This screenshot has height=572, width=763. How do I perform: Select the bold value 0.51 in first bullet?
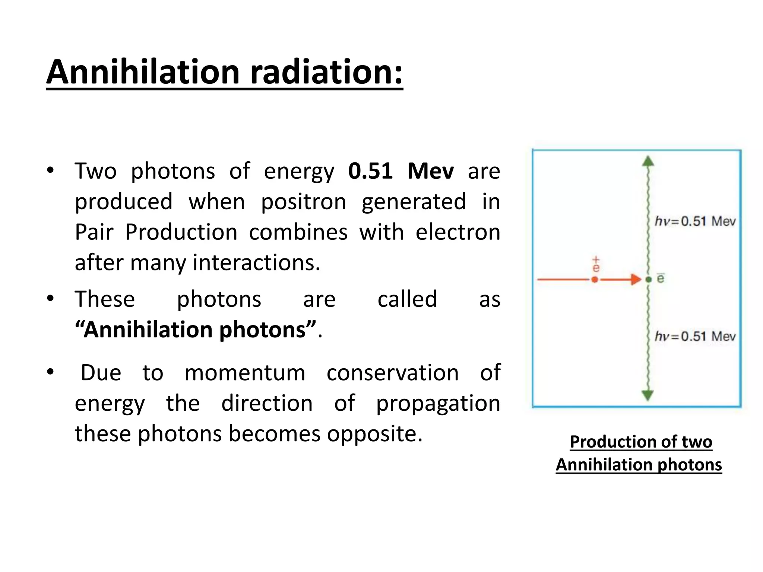pyautogui.click(x=370, y=171)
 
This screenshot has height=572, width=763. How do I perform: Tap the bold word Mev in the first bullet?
pyautogui.click(x=430, y=171)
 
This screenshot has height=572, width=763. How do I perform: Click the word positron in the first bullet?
pyautogui.click(x=303, y=202)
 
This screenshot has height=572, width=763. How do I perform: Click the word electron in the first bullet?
pyautogui.click(x=458, y=232)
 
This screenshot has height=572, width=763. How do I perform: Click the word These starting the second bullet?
pyautogui.click(x=105, y=299)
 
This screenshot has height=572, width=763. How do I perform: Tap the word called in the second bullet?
pyautogui.click(x=407, y=299)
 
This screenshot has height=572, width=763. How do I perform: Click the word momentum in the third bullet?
pyautogui.click(x=245, y=373)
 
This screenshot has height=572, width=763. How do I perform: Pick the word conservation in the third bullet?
pyautogui.click(x=392, y=373)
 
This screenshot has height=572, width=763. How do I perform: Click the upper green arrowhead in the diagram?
pyautogui.click(x=648, y=161)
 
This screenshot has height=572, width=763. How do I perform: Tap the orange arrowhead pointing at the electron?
pyautogui.click(x=636, y=279)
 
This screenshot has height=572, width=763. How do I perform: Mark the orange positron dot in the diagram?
pyautogui.click(x=595, y=279)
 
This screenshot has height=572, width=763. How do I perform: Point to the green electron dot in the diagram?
pyautogui.click(x=649, y=279)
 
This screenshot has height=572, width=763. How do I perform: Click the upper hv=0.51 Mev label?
pyautogui.click(x=695, y=222)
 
